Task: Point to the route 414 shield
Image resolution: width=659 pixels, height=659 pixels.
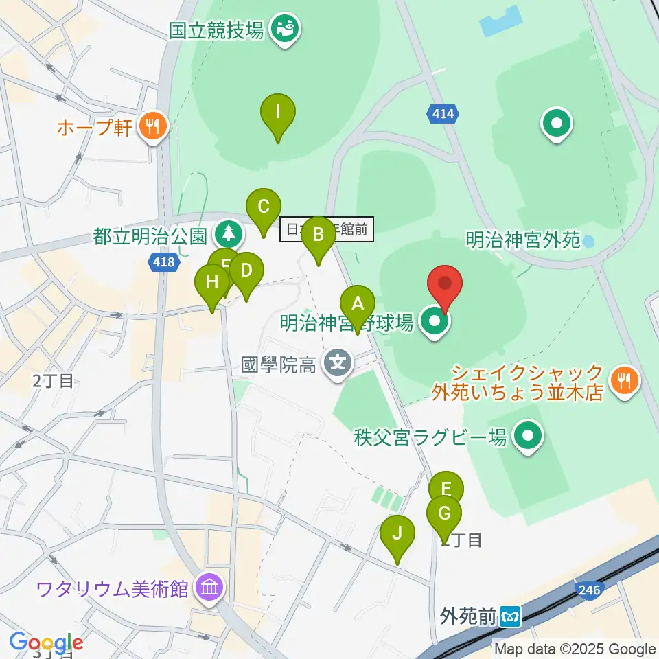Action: coord(443,113)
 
